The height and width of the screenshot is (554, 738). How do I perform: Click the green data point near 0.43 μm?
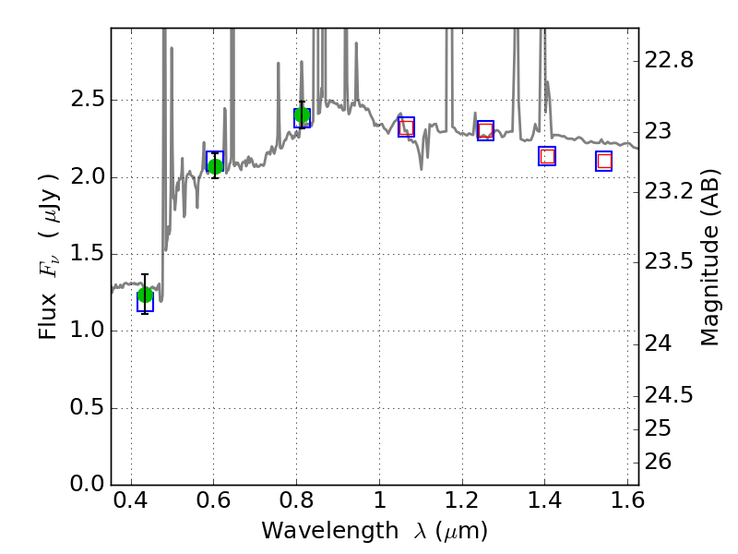tap(145, 295)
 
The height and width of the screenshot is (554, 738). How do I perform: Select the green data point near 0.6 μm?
tap(215, 166)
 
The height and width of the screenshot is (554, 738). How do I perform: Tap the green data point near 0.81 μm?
tap(302, 114)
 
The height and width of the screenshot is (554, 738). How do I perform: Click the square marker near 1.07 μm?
tap(406, 126)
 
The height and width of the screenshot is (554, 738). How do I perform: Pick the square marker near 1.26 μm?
tap(485, 130)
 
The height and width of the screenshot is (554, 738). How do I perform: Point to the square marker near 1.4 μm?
tap(547, 156)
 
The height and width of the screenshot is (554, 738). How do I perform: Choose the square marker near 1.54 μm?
tap(604, 161)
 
